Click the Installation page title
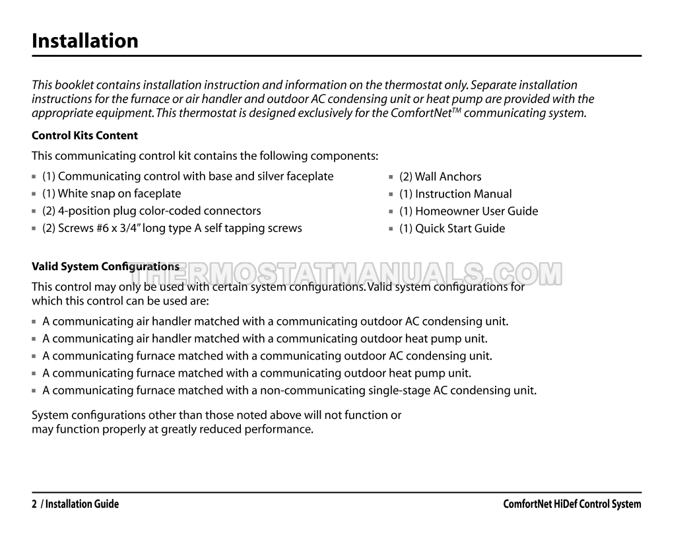pos(85,41)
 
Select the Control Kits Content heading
pos(84,135)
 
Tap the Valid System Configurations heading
pos(106,266)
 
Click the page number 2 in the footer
pos(34,504)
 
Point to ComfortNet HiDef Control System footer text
pos(572,504)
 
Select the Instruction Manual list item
pos(455,194)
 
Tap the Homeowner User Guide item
pos(469,211)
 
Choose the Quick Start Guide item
pos(452,228)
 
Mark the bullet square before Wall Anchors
pos(392,177)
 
